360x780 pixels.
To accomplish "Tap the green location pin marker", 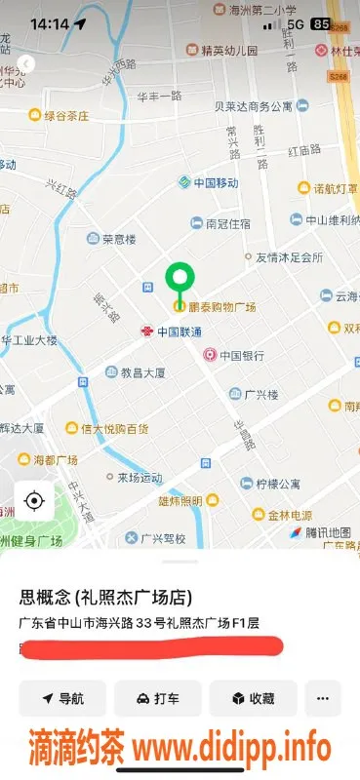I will tap(179, 280).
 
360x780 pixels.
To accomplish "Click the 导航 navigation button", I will tap(62, 698).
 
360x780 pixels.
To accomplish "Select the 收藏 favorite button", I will tap(253, 698).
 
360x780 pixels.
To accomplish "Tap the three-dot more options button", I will tap(323, 698).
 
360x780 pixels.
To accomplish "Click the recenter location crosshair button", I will tap(34, 501).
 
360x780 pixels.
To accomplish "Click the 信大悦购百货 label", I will tap(114, 428).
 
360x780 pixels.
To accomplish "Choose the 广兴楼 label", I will tap(260, 394).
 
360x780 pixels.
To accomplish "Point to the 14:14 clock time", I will tap(49, 23).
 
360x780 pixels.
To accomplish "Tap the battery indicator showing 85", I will tap(320, 23).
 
